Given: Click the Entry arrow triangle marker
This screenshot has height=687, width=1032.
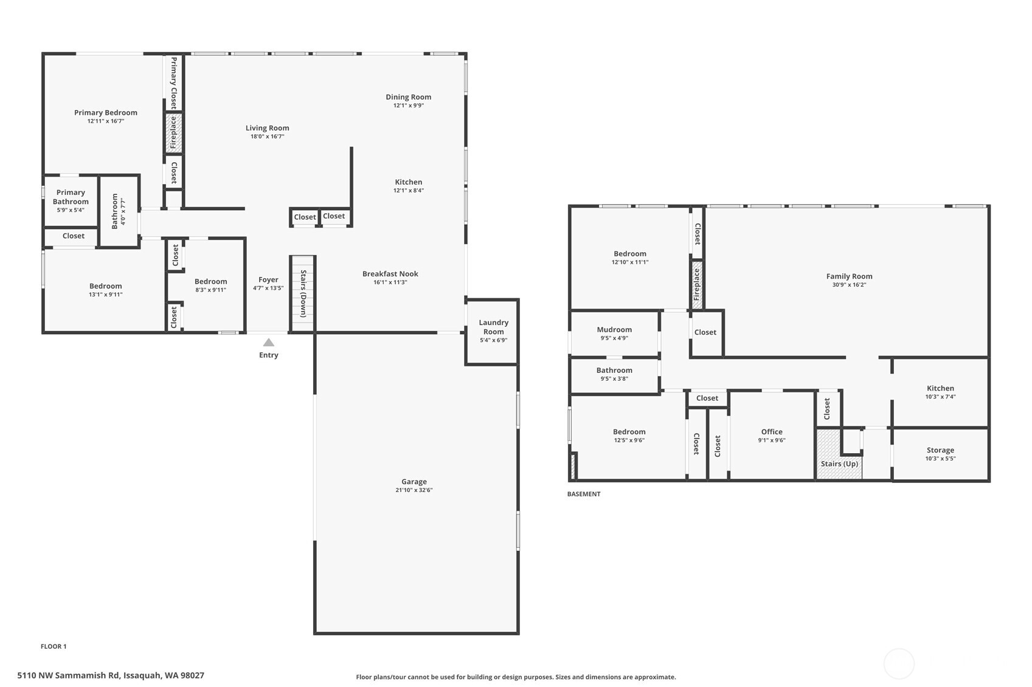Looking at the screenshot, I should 268,343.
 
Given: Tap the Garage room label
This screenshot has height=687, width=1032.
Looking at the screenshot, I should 414,482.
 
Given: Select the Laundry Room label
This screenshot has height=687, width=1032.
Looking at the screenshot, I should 493,327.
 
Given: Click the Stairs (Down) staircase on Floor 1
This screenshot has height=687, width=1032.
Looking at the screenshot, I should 303,294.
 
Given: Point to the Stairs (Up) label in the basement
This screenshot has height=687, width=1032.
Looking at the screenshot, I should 839,463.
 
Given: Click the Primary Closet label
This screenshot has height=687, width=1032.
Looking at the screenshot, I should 174,83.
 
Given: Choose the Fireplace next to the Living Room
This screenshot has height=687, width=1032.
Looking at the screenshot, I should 173,133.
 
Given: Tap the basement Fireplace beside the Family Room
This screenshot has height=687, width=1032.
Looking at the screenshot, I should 697,284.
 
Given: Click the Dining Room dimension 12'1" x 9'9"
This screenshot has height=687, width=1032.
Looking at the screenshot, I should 408,106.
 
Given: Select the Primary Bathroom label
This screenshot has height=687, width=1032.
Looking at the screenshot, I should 71,197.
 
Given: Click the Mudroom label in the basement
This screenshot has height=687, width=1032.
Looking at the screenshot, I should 614,330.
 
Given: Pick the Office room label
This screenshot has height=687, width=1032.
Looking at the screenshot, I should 772,432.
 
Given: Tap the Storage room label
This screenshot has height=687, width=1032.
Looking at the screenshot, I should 940,450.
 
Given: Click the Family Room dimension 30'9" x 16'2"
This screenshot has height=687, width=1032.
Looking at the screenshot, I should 849,285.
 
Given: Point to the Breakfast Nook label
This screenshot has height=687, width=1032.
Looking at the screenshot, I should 390,274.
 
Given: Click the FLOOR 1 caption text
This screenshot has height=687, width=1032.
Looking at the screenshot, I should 54,646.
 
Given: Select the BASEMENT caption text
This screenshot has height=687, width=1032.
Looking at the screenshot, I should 584,494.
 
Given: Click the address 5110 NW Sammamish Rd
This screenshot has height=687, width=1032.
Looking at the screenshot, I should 111,675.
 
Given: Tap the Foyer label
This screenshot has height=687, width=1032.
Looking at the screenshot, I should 268,280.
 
